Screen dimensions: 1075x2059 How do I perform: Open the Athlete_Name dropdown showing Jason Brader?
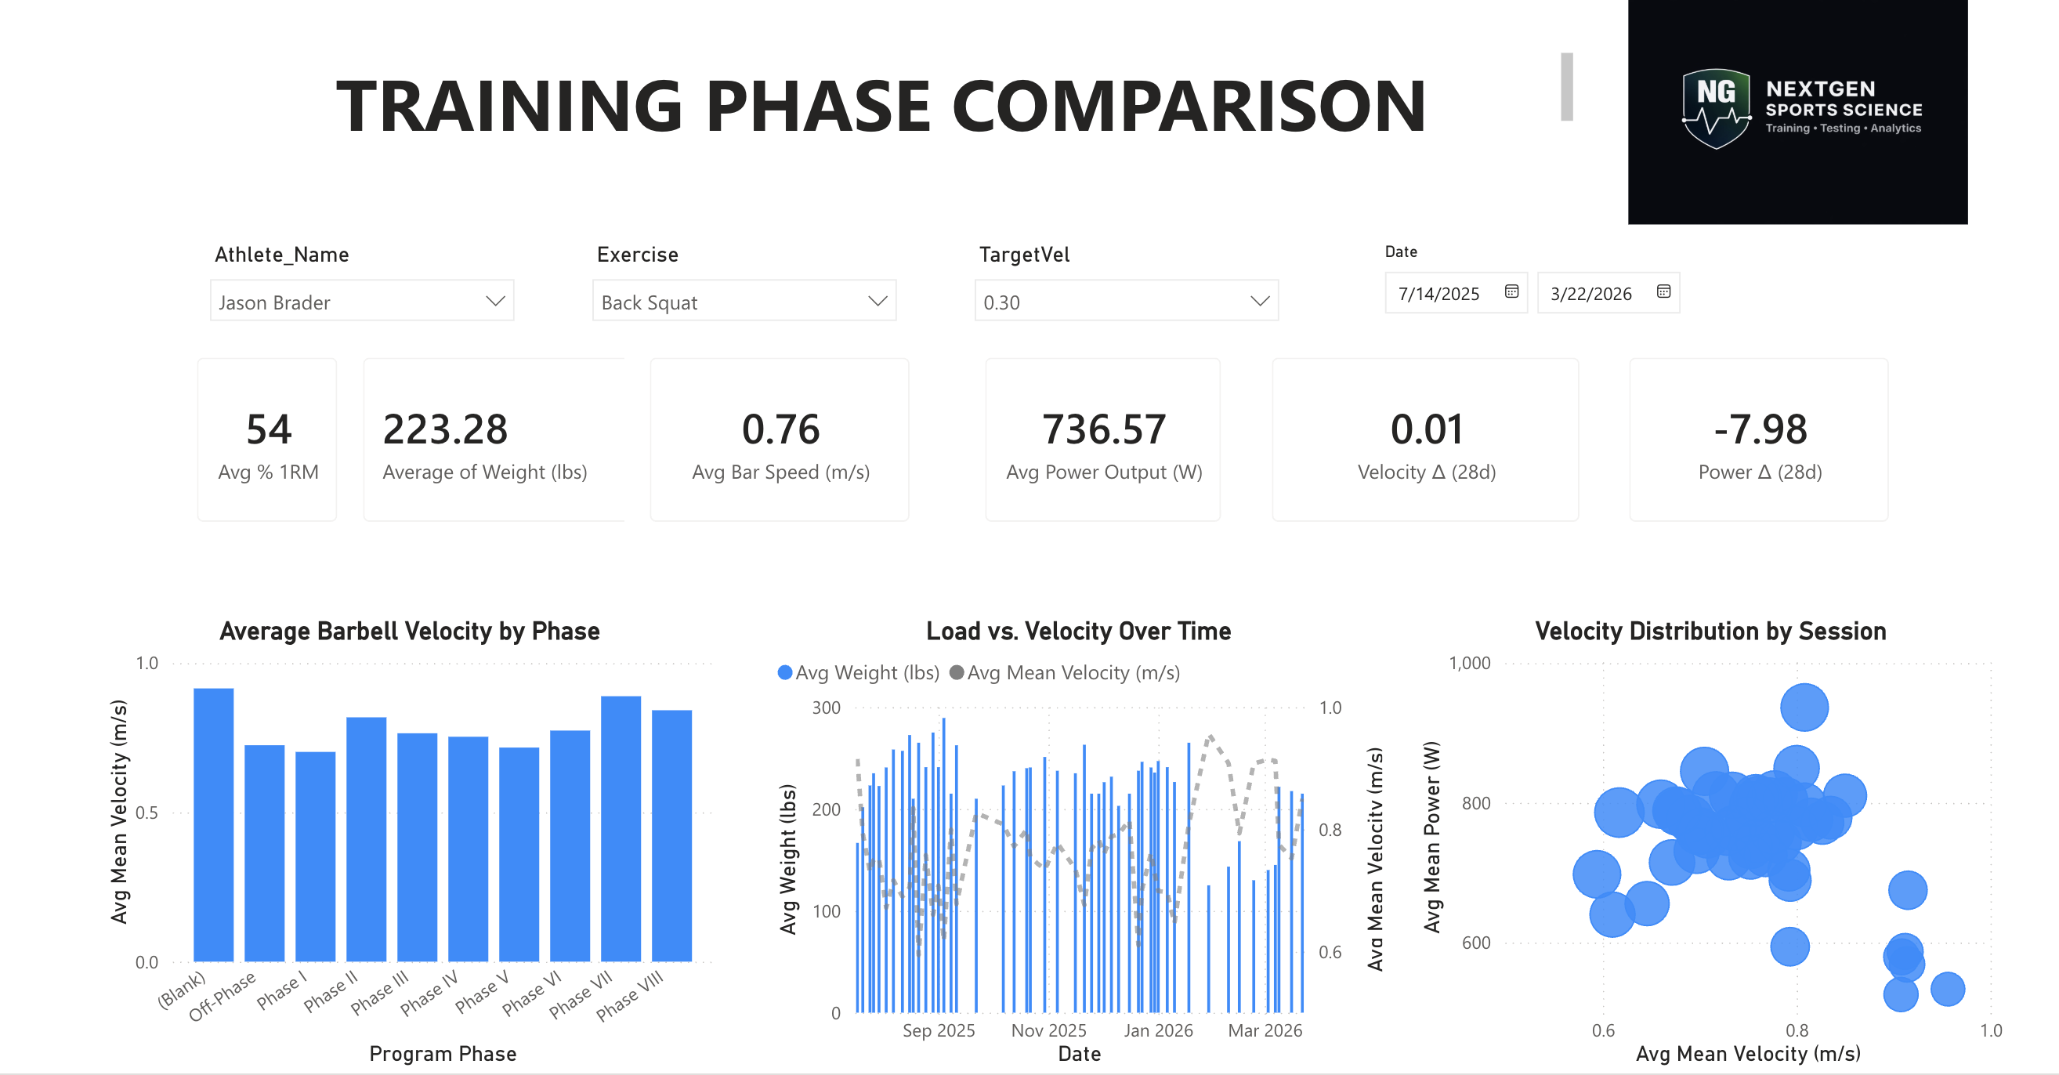(x=361, y=302)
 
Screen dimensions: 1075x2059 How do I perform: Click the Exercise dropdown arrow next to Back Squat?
(x=877, y=302)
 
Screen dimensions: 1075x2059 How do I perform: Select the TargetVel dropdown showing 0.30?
(x=1125, y=302)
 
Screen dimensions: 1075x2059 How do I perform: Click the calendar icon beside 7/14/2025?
(x=1511, y=291)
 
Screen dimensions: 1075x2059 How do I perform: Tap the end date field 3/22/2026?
(x=1590, y=293)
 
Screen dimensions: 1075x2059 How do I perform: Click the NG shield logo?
(x=1715, y=108)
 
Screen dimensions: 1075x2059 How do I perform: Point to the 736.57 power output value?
(x=1103, y=429)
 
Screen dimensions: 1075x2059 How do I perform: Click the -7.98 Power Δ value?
(x=1759, y=429)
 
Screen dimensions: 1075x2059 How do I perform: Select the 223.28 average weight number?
(x=445, y=429)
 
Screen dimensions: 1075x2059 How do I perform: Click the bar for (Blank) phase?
(x=213, y=823)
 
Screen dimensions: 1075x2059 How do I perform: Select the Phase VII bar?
(x=621, y=827)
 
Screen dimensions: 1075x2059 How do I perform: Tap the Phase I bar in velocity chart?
(x=315, y=855)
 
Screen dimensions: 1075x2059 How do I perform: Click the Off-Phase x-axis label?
(x=223, y=996)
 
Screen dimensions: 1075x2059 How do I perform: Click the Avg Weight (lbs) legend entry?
(x=859, y=673)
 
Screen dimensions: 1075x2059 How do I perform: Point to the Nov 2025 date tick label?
(x=1048, y=1030)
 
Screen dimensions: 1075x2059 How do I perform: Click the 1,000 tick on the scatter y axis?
(x=1469, y=664)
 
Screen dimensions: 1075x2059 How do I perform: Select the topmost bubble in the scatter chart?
(x=1804, y=708)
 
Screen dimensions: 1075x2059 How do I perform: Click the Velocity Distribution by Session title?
(x=1710, y=632)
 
